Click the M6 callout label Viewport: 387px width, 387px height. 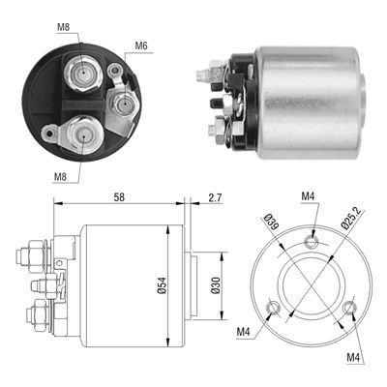[141, 45]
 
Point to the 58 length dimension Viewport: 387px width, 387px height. [118, 196]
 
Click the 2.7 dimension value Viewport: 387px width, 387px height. [214, 196]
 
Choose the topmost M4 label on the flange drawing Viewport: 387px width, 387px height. [308, 197]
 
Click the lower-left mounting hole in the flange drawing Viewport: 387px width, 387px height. [274, 310]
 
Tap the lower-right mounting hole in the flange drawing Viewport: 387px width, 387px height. [349, 311]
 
